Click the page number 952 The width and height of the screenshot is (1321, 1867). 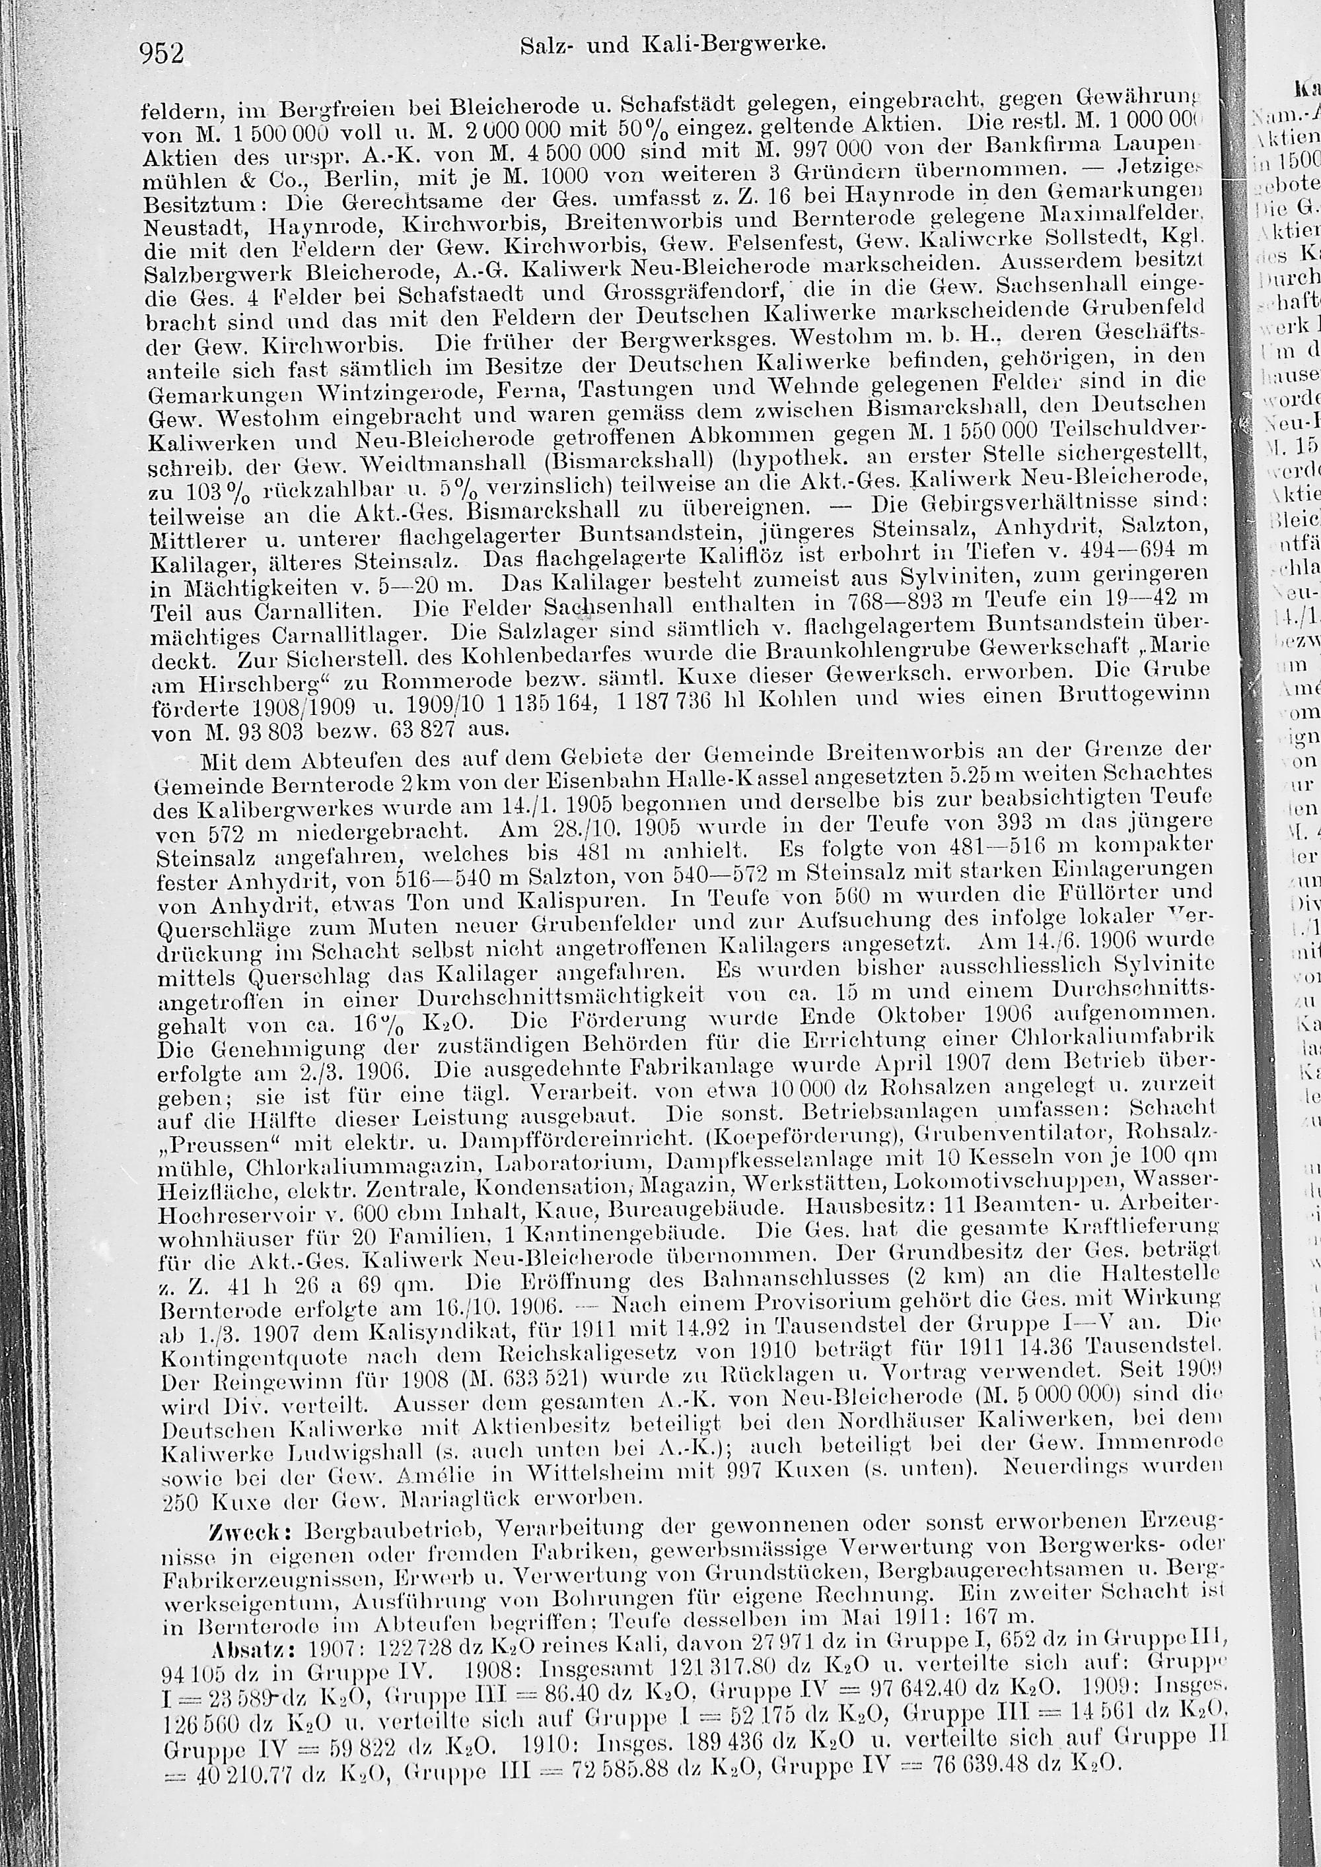click(162, 53)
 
